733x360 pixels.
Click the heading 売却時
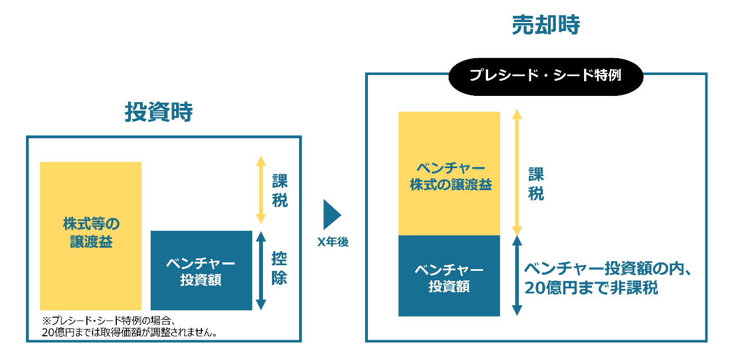pos(546,25)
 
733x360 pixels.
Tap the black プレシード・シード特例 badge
pos(546,76)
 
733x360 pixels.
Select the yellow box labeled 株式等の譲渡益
pos(91,235)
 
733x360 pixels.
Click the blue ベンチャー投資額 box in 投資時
pos(201,271)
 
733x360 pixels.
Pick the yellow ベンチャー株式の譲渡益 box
pos(449,173)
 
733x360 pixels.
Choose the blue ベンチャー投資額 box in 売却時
pos(449,276)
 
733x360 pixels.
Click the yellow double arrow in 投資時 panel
pos(261,190)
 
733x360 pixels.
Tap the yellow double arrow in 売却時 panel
pos(517,173)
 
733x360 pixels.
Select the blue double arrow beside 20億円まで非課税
pos(517,276)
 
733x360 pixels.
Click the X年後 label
pos(333,242)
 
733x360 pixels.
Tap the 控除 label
pos(279,269)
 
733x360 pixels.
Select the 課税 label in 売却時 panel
pos(536,184)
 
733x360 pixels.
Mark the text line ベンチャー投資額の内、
pos(608,268)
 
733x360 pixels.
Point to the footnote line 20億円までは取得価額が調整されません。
pos(129,332)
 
